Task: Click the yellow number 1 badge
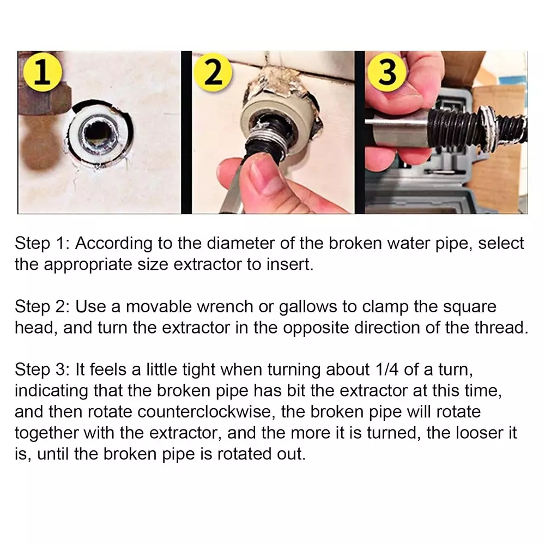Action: (43, 72)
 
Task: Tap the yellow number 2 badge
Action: (213, 72)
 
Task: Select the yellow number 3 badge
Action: (387, 72)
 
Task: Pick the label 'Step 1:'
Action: (43, 244)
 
